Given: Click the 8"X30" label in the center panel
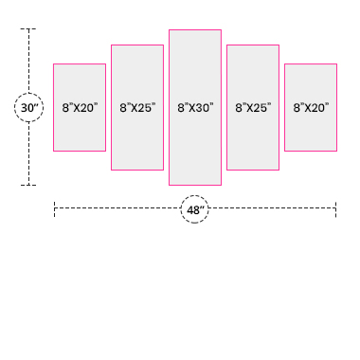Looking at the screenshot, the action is pyautogui.click(x=195, y=108).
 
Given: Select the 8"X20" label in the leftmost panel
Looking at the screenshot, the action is pyautogui.click(x=80, y=108).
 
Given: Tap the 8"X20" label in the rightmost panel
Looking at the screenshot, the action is pyautogui.click(x=311, y=108).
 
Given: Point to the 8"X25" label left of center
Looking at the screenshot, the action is pyautogui.click(x=137, y=108).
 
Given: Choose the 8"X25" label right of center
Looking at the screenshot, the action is pyautogui.click(x=253, y=108).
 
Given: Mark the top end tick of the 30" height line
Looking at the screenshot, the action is pyautogui.click(x=28, y=28).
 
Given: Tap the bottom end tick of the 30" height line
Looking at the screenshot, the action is pyautogui.click(x=28, y=185).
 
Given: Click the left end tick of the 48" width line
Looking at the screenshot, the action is pyautogui.click(x=54, y=209).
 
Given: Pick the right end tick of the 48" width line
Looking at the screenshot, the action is pyautogui.click(x=336, y=209).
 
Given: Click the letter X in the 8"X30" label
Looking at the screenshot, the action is pyautogui.click(x=191, y=108).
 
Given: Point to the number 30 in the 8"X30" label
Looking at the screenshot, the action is pyautogui.click(x=203, y=108).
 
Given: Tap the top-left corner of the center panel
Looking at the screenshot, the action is pyautogui.click(x=170, y=30).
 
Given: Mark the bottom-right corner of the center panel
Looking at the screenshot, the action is pyautogui.click(x=221, y=185).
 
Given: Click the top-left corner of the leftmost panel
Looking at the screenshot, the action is pyautogui.click(x=54, y=64).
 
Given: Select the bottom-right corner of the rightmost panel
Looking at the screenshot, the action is pyautogui.click(x=336, y=151).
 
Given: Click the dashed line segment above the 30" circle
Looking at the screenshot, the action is pyautogui.click(x=28, y=61).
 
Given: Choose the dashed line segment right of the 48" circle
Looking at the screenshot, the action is pyautogui.click(x=272, y=208).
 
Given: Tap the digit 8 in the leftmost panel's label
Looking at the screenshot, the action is pyautogui.click(x=65, y=108).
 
